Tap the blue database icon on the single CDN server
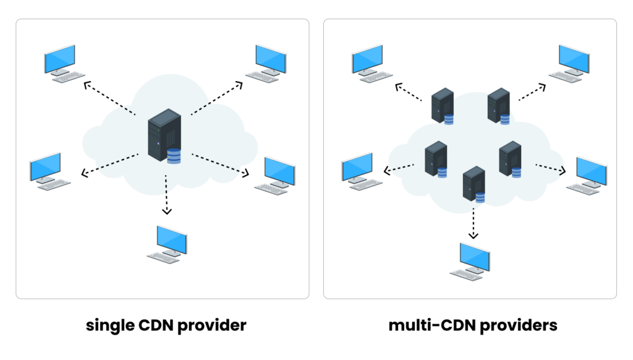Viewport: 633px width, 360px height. pos(174,156)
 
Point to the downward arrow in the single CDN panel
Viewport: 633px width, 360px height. pos(166,195)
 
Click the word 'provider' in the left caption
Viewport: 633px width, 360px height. pos(212,325)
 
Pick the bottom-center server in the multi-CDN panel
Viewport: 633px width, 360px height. pos(474,184)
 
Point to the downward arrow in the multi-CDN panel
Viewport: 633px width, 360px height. pos(474,223)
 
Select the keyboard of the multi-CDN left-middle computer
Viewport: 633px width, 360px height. pos(365,184)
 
